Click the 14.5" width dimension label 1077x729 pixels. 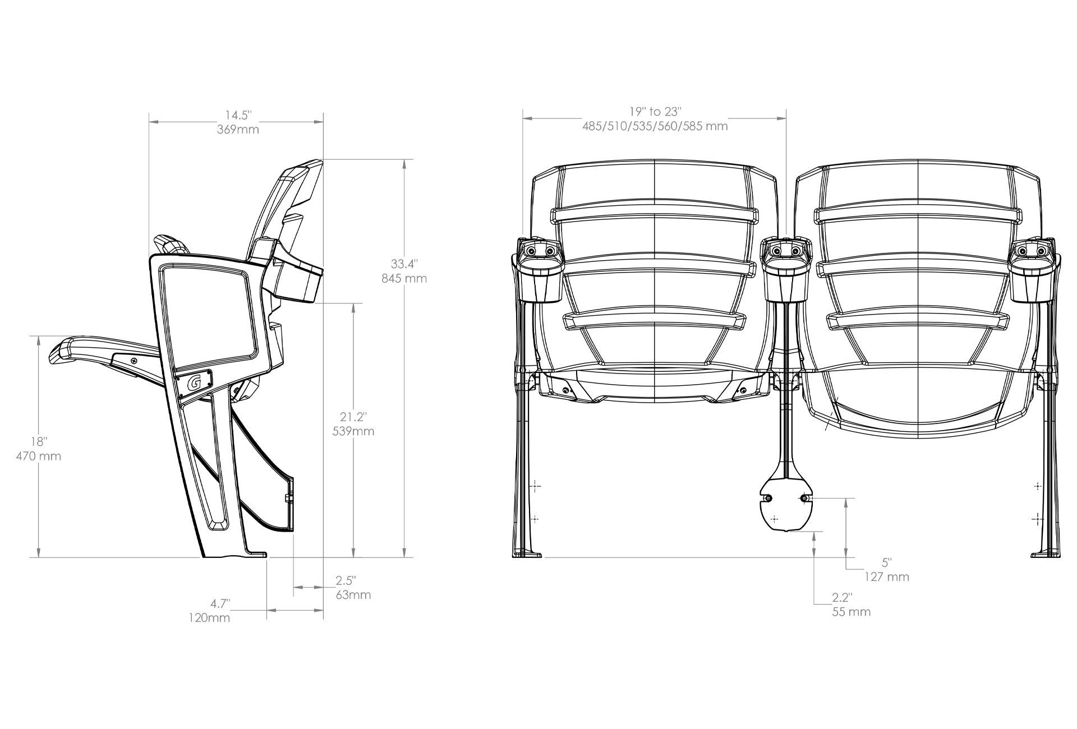tap(238, 116)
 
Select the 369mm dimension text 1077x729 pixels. tap(238, 130)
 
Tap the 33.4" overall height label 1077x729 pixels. tap(404, 264)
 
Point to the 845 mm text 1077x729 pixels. tap(404, 278)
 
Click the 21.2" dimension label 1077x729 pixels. tap(353, 417)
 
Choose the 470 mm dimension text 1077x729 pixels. tap(38, 456)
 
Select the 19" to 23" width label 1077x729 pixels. tap(655, 112)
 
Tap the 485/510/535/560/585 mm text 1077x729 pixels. tap(655, 126)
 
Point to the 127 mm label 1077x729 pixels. tap(886, 576)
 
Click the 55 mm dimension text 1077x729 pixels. tap(851, 612)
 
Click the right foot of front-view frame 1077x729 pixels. tap(1046, 554)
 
